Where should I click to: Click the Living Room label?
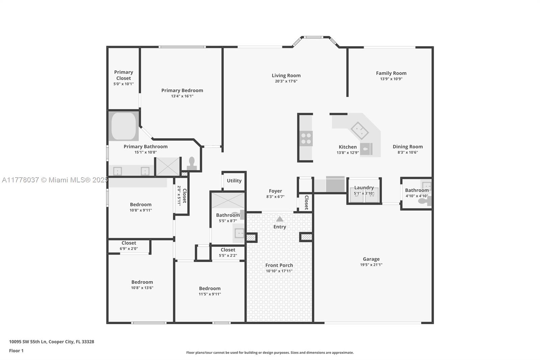286,76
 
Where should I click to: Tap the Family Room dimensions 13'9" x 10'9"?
391,79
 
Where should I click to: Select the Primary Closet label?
124,75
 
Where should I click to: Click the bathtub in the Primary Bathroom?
124,126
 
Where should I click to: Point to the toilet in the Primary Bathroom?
192,164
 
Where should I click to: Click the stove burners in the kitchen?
306,138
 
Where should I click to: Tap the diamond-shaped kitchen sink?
359,131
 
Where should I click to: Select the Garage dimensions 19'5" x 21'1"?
371,265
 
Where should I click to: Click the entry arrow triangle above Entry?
280,219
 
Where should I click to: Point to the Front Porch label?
279,265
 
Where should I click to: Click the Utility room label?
234,181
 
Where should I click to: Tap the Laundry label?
364,187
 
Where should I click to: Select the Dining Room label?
408,147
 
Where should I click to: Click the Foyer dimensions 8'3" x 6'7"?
275,197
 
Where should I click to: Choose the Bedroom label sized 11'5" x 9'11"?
210,288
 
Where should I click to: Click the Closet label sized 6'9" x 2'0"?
129,243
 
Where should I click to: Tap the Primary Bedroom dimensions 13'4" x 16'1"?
182,96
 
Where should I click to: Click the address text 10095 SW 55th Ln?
28,342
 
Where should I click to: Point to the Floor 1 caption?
17,351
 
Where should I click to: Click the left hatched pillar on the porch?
251,238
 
